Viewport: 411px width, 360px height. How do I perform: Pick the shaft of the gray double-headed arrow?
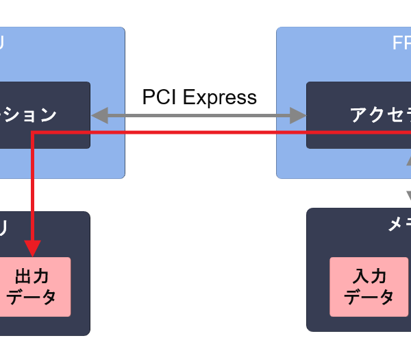tap(199, 115)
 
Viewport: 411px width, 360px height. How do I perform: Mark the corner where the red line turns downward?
tap(33, 133)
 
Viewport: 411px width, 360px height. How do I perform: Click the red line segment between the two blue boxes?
tap(199, 132)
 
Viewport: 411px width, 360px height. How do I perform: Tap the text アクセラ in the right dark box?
tap(380, 115)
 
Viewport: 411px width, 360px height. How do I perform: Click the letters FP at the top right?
tap(401, 43)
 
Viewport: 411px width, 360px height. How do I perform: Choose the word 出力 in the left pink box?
tap(32, 276)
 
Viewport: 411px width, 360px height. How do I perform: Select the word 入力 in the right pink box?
tap(370, 276)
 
